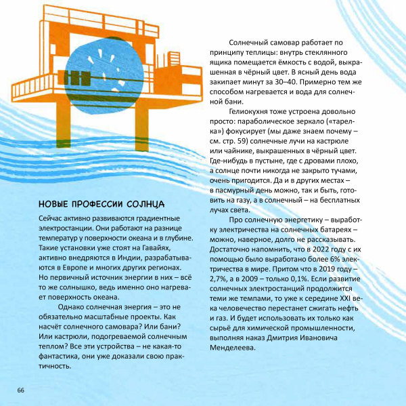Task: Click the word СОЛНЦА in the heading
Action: [x=147, y=204]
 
